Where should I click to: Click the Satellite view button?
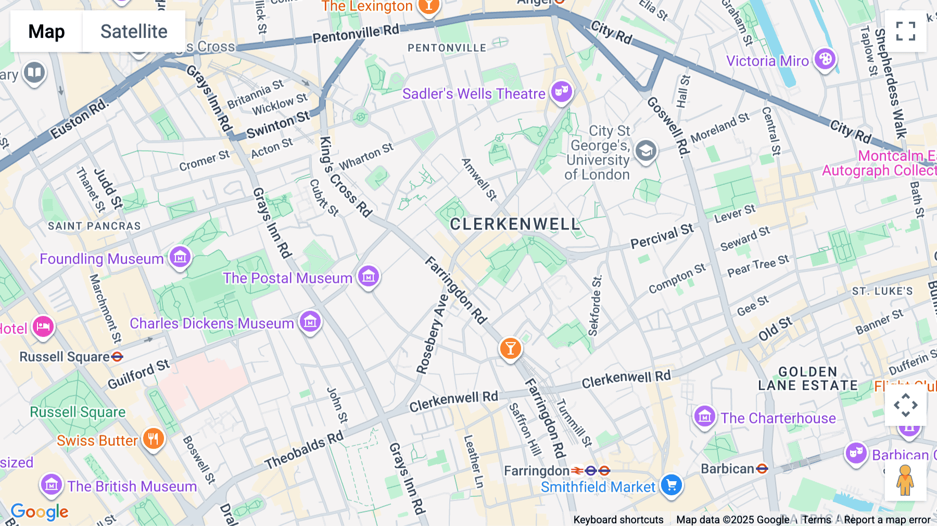click(134, 31)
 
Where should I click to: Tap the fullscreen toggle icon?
click(905, 31)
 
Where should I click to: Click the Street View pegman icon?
click(905, 480)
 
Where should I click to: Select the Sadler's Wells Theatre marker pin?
click(561, 92)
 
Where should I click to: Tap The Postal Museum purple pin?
click(369, 277)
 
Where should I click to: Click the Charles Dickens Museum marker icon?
click(310, 322)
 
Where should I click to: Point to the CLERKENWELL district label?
click(514, 224)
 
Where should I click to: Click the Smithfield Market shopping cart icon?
click(672, 485)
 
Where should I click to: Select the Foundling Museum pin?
click(180, 257)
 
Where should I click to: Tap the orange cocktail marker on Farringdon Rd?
click(510, 348)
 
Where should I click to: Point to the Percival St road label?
click(662, 236)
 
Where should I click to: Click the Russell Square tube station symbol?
click(118, 357)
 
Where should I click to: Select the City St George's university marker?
click(645, 151)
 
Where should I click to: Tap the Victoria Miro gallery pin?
click(825, 59)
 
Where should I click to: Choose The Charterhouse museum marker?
click(705, 417)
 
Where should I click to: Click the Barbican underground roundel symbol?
click(762, 469)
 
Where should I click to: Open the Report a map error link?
click(887, 520)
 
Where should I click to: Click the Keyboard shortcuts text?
click(618, 520)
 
